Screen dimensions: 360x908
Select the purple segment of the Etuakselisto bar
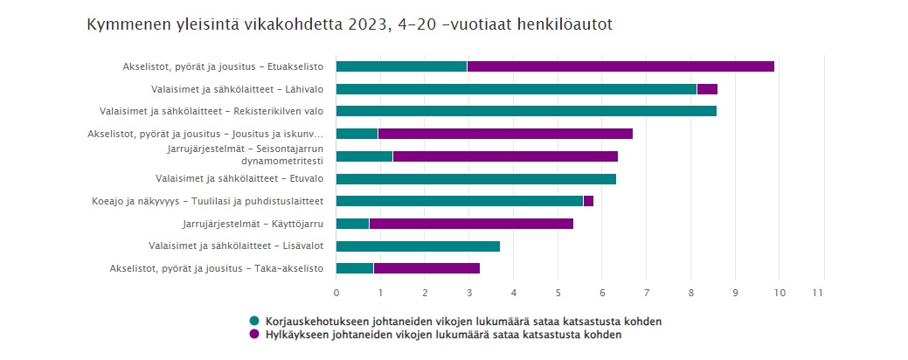coord(620,66)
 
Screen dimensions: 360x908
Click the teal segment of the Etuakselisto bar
coord(401,66)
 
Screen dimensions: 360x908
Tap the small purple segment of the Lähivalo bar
coord(707,88)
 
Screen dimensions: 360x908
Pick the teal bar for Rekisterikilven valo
coord(526,111)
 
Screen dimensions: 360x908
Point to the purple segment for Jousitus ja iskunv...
coord(505,134)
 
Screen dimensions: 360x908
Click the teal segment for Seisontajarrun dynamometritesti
coord(364,156)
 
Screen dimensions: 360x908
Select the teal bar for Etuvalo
coord(476,179)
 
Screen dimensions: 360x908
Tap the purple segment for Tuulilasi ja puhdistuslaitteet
coord(588,201)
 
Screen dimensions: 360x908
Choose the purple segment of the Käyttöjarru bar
coord(471,224)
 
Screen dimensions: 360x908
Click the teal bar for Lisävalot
coord(418,246)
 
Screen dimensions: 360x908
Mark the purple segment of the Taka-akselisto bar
coord(426,268)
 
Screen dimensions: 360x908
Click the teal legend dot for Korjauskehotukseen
coord(254,322)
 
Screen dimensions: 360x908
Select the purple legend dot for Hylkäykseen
coord(254,335)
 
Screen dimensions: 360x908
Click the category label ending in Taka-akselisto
coord(217,268)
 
